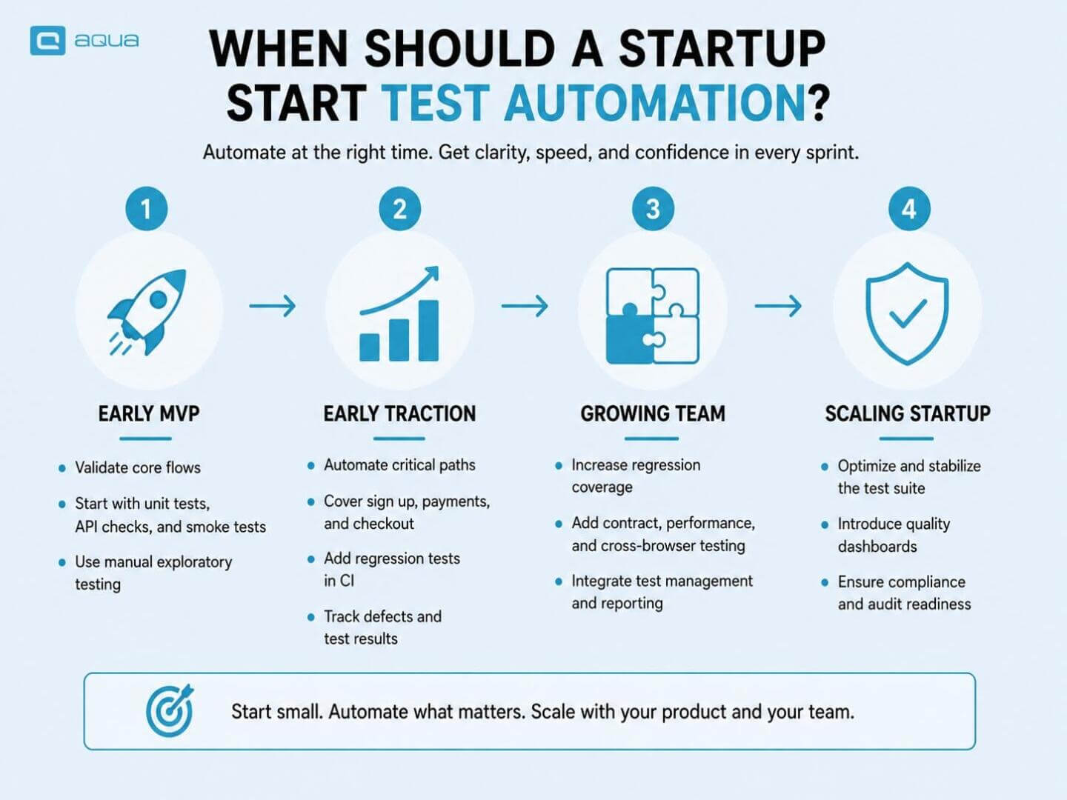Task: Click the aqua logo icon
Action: click(47, 40)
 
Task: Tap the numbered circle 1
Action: click(146, 209)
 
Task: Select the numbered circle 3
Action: click(653, 209)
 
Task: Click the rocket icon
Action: click(147, 312)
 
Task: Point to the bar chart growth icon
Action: click(399, 314)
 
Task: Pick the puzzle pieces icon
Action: click(652, 316)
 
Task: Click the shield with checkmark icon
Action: click(907, 314)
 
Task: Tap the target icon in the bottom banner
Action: click(170, 710)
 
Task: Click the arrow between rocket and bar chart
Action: click(272, 306)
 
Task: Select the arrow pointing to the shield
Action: click(778, 306)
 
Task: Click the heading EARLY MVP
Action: click(149, 414)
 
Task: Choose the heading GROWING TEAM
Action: click(653, 414)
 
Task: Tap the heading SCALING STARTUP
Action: click(908, 414)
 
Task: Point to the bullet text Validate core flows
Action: click(138, 467)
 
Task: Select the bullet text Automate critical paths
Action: click(399, 465)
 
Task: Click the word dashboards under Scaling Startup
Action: click(877, 547)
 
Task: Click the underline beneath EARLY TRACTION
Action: click(399, 439)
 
